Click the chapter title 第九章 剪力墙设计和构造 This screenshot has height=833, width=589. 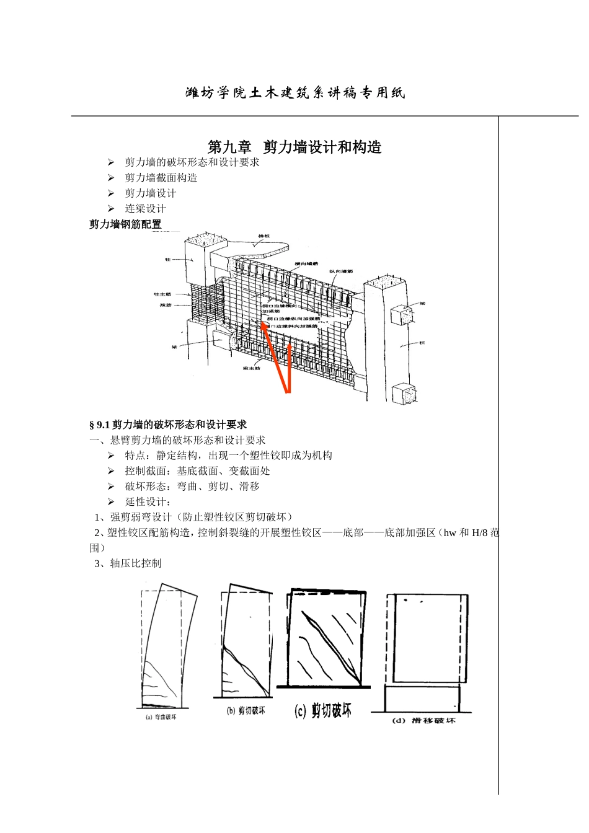294,147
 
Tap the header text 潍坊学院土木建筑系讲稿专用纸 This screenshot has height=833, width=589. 295,93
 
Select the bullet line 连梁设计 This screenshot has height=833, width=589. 145,209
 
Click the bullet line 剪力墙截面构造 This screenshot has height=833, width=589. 161,178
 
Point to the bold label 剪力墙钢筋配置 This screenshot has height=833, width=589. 125,224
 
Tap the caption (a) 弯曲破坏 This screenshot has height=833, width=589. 161,717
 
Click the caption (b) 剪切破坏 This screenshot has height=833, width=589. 246,711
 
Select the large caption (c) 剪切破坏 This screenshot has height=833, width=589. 322,710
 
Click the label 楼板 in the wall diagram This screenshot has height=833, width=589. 264,236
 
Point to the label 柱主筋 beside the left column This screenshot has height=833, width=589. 162,294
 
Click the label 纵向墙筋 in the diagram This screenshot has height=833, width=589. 340,271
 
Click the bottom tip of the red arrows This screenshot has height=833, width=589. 288,392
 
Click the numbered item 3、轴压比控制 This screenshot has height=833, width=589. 128,563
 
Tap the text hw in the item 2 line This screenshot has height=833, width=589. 449,532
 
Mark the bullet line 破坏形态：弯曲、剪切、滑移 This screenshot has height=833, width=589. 192,487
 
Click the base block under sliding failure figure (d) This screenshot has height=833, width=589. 422,699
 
